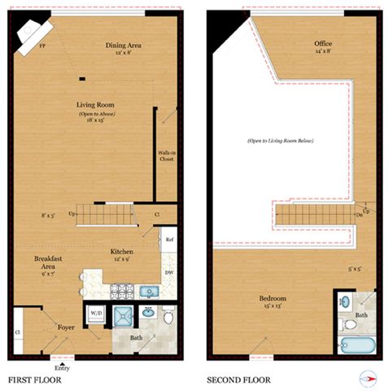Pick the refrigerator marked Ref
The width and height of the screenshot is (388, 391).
169,239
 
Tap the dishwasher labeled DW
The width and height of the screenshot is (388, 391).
168,272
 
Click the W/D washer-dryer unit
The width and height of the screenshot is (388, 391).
96,312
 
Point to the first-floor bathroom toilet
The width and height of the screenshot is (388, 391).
168,316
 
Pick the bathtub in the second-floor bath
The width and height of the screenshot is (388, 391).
356,345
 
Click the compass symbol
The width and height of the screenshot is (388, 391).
368,377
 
